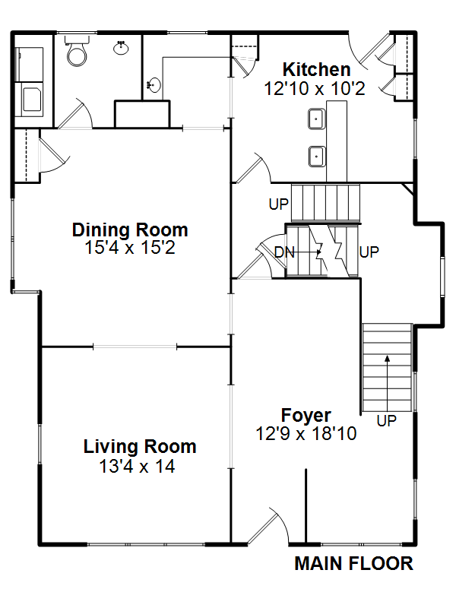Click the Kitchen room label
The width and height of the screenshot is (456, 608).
click(x=316, y=70)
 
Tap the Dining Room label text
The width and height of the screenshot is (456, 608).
click(x=130, y=230)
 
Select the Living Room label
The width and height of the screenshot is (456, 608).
click(x=140, y=447)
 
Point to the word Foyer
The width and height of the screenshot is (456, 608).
click(x=306, y=416)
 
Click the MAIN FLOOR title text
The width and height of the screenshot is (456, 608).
click(x=353, y=563)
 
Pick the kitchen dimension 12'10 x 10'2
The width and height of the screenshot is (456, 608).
click(x=315, y=89)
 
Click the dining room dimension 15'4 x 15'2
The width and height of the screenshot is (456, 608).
click(x=130, y=248)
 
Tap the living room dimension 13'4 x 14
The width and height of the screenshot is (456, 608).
click(x=137, y=466)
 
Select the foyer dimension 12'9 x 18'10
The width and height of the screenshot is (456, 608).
click(x=306, y=433)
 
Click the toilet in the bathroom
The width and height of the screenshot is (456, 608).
click(x=77, y=51)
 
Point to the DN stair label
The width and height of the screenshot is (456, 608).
click(x=284, y=252)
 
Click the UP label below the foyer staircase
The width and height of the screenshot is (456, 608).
click(x=387, y=420)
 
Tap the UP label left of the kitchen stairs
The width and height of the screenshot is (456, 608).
click(x=279, y=204)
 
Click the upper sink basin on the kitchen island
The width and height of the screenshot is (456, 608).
click(x=316, y=119)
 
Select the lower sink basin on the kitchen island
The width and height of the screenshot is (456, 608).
click(x=317, y=157)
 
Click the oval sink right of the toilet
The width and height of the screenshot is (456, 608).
click(x=122, y=48)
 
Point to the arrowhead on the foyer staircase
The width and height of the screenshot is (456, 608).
click(x=387, y=358)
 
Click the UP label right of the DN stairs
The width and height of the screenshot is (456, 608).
click(x=369, y=252)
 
